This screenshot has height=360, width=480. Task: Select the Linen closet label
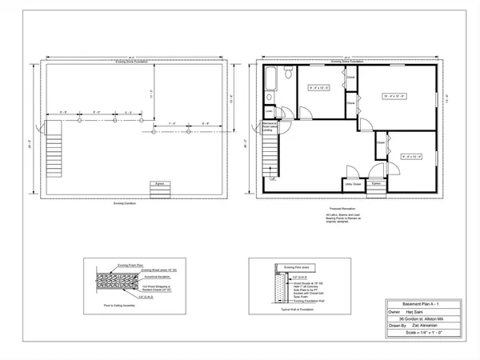point(268,110)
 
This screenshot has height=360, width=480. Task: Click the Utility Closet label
point(354,184)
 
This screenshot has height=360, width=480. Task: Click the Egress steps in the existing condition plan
point(160,190)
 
